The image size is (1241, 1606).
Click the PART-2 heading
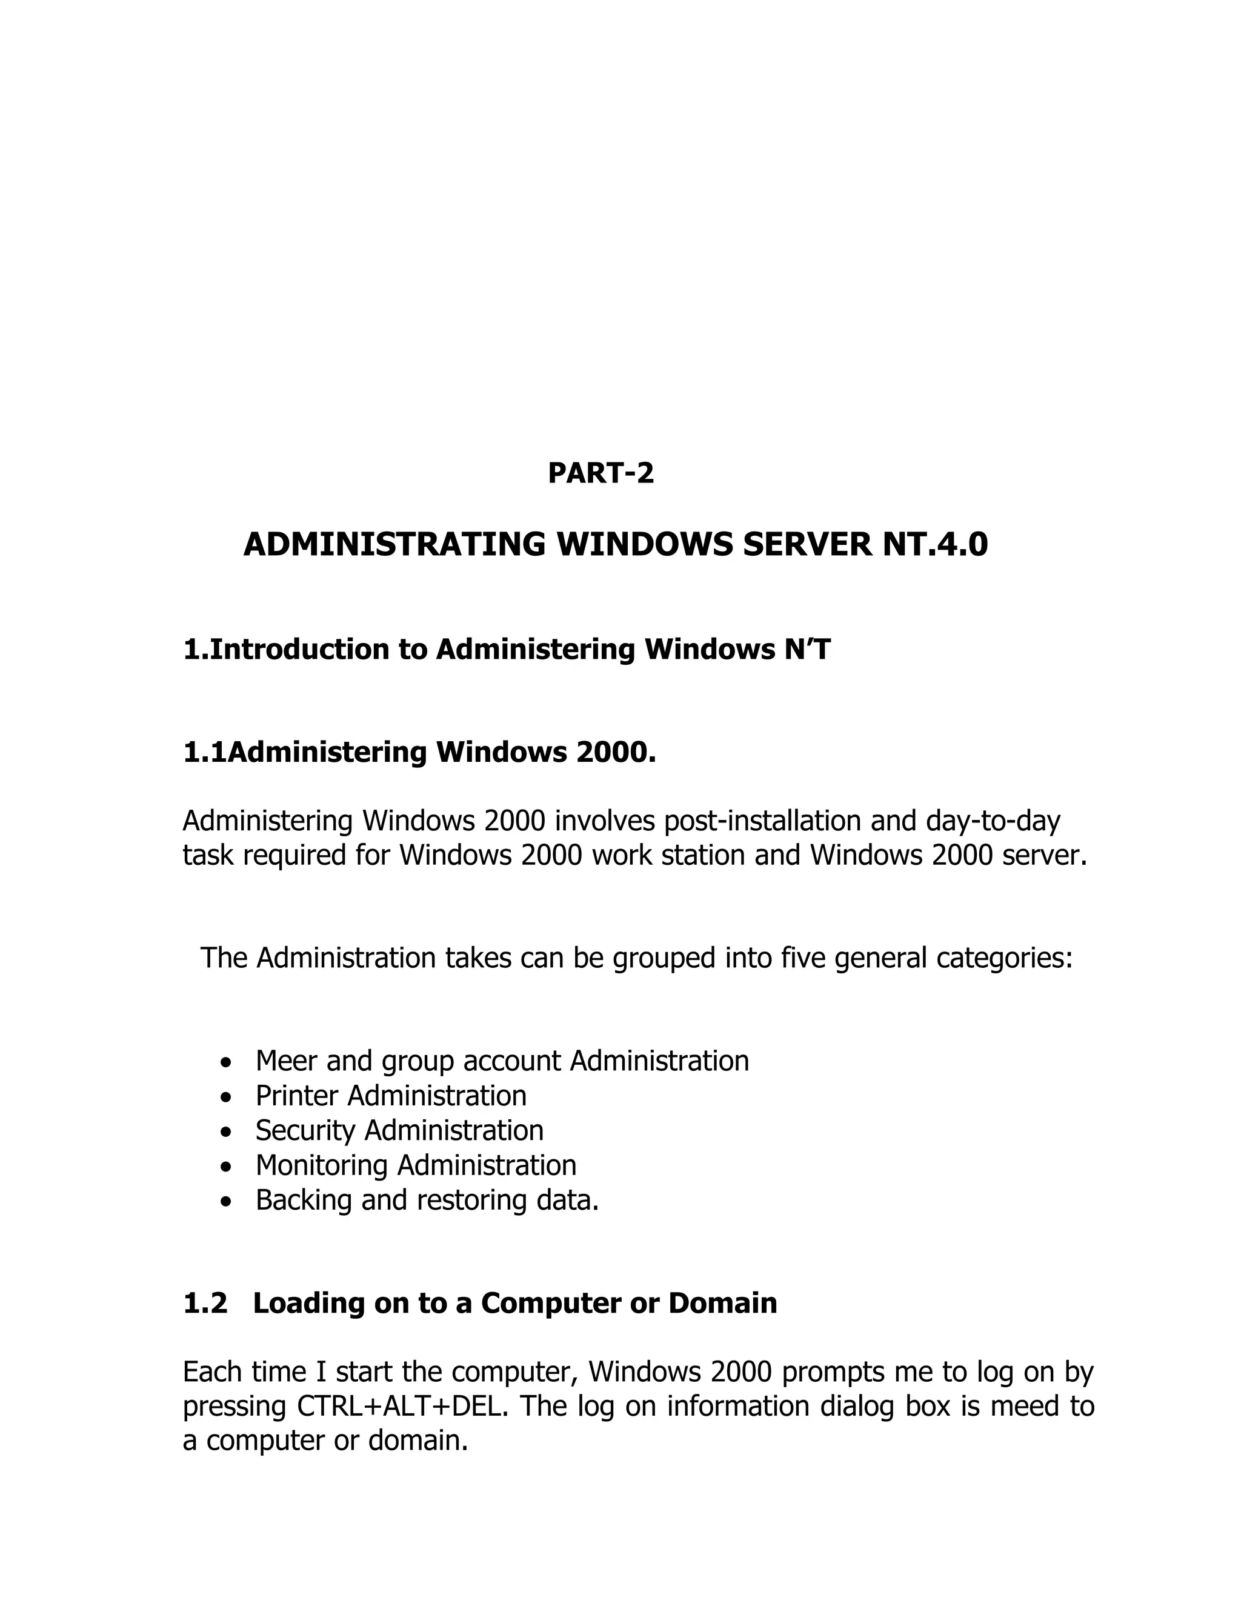click(x=601, y=473)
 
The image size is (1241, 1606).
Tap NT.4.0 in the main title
click(x=931, y=545)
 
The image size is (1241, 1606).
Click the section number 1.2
click(x=205, y=1303)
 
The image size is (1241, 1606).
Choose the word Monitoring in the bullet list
click(x=321, y=1165)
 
